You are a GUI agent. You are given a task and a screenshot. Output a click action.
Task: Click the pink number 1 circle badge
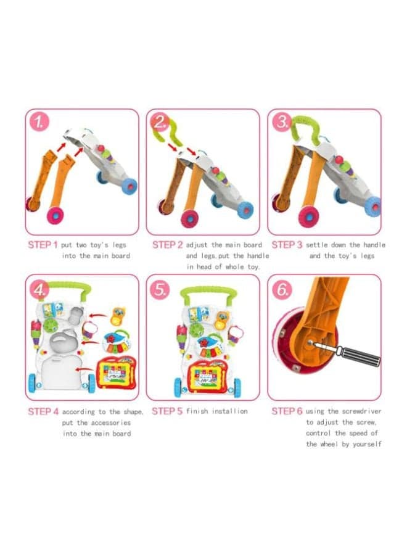pos(39,122)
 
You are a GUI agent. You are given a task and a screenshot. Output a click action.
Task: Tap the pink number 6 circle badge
pos(282,290)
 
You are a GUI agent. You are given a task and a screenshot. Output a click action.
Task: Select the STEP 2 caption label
pos(167,245)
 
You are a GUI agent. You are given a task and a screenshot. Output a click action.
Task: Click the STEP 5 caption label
pos(167,411)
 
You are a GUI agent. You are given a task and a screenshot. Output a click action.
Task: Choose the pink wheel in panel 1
pos(55,215)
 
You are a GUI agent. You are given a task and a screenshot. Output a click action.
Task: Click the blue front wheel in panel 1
pos(129,186)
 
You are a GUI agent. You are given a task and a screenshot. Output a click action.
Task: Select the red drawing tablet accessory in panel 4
pos(116,372)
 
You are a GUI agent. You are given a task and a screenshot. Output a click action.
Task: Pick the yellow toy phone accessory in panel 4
pos(118,316)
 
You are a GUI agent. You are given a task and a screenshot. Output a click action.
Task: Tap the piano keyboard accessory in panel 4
pos(116,342)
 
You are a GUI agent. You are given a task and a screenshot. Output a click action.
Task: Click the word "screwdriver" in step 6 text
pos(361,411)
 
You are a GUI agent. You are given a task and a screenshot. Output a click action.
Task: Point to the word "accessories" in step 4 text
pos(109,422)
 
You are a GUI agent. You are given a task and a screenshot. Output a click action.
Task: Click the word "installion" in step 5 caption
pos(229,411)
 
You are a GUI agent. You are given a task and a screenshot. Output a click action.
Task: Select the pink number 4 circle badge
pos(40,290)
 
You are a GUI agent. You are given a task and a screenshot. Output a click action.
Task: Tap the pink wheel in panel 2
pos(190,218)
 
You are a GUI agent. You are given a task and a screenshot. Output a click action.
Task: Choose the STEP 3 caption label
pos(287,245)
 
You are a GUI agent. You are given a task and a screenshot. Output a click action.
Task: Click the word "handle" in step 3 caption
pos(374,245)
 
